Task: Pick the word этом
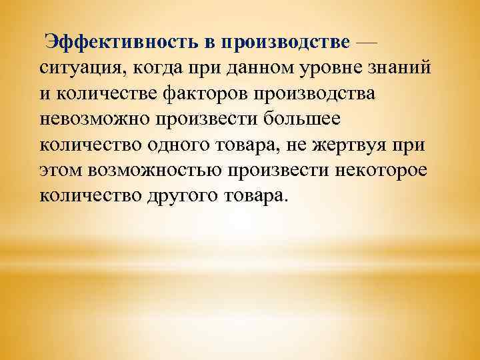(57, 171)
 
